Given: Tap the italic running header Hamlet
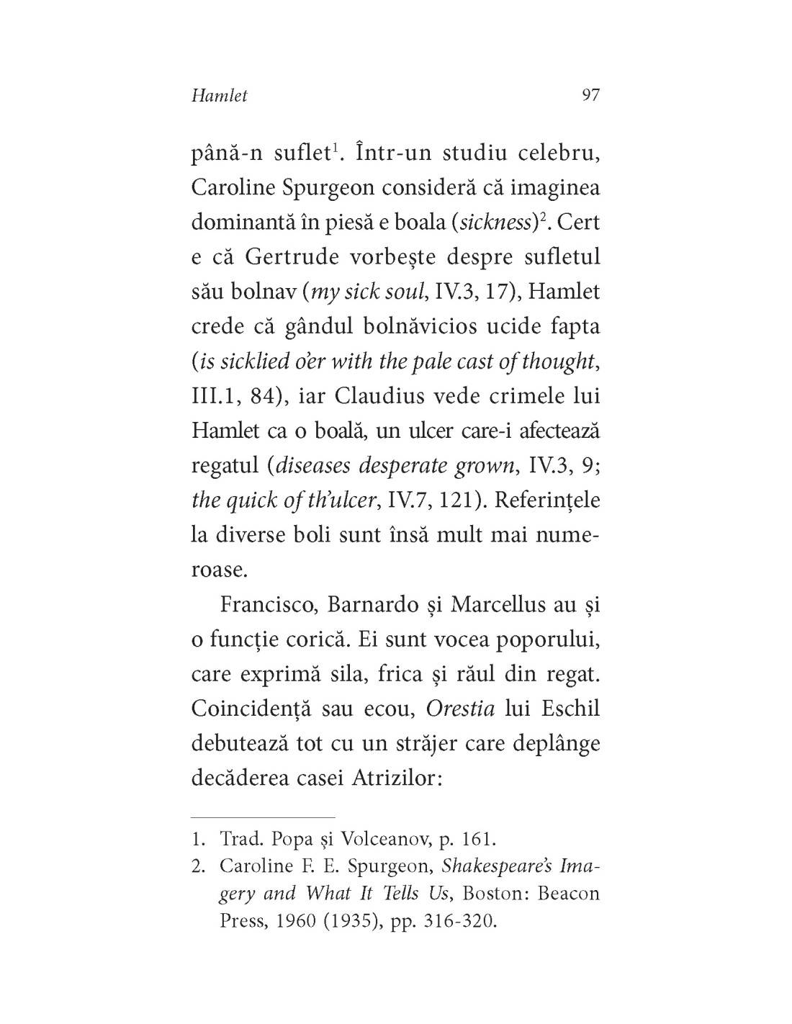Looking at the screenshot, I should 220,96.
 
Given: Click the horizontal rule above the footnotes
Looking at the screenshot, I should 263,818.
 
